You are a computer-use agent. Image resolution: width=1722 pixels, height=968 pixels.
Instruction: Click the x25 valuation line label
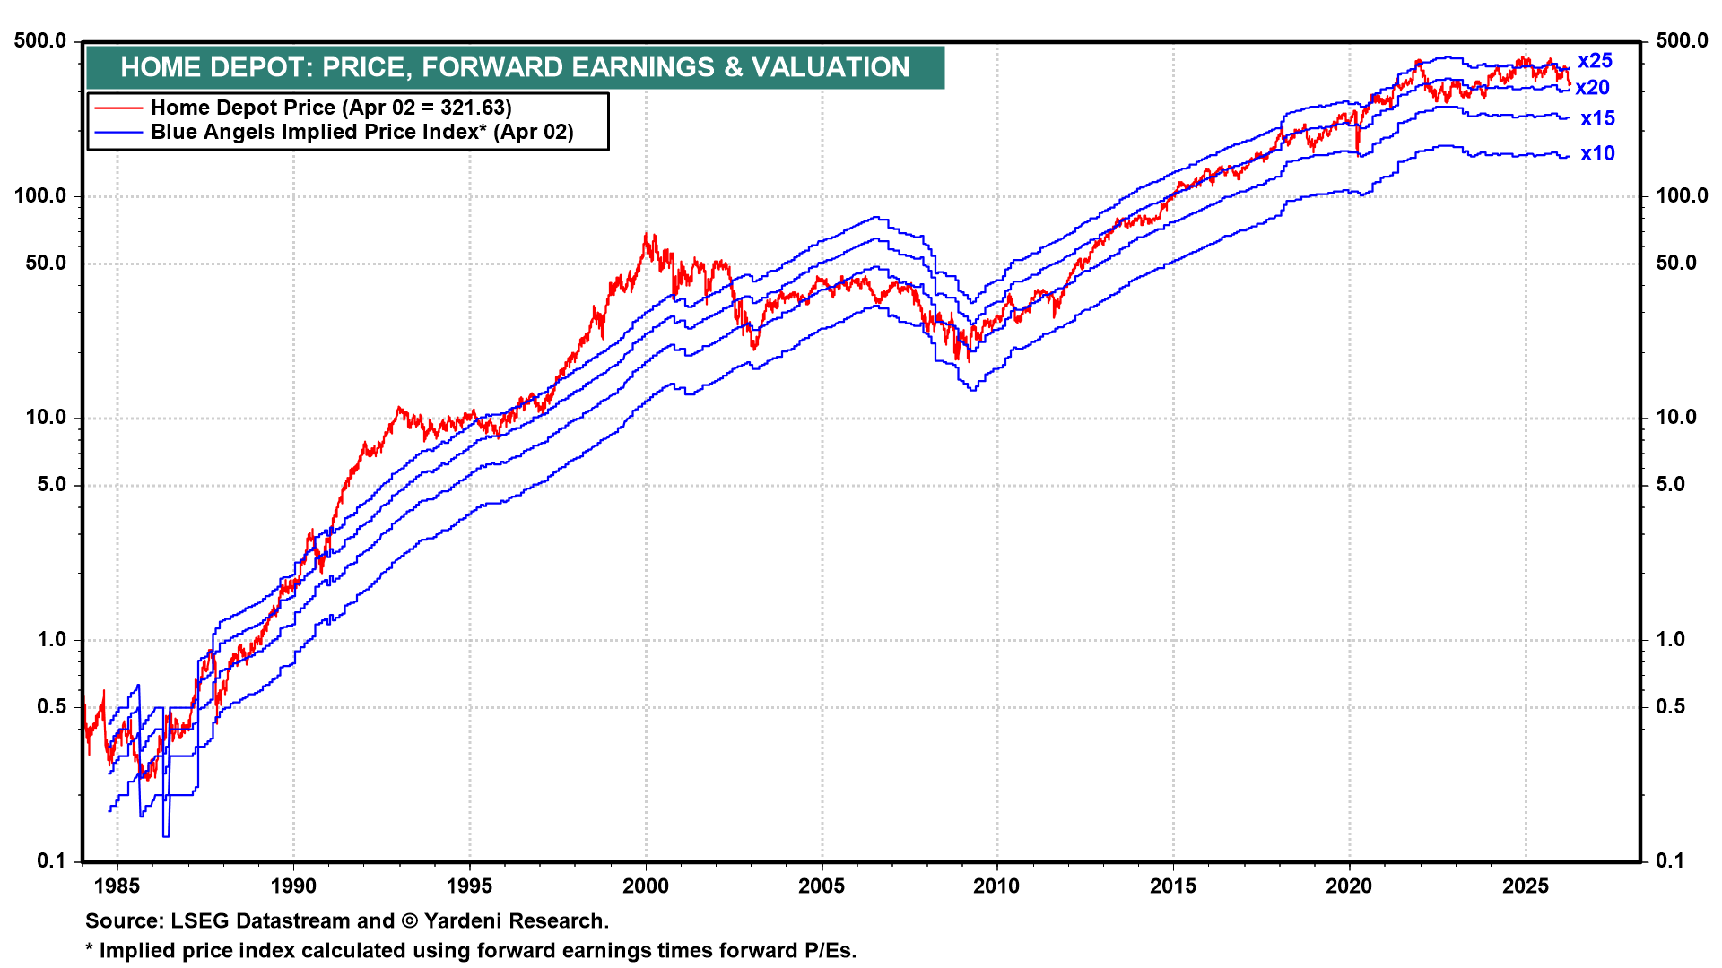point(1595,61)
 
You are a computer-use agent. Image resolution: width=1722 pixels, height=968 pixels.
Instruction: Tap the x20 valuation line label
point(1592,88)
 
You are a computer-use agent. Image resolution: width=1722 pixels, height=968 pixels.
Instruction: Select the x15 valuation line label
point(1597,118)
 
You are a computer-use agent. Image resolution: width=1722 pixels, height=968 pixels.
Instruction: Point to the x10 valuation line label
point(1597,153)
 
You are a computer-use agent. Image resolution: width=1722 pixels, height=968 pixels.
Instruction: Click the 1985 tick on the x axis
point(117,886)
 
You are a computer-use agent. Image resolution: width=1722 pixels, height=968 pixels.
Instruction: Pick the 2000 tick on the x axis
point(646,886)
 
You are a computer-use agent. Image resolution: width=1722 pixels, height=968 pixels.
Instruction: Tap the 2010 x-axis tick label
point(996,886)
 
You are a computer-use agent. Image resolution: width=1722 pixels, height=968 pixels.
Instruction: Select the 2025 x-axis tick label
point(1525,886)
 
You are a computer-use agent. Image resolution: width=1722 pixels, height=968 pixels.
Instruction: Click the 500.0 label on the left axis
point(40,40)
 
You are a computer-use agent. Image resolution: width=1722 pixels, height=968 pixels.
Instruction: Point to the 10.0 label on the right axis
point(1676,417)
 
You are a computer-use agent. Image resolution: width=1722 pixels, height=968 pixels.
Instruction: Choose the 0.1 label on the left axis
point(51,861)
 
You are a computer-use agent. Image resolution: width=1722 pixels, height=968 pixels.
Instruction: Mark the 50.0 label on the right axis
point(1676,263)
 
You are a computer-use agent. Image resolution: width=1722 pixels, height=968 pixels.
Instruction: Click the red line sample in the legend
point(119,108)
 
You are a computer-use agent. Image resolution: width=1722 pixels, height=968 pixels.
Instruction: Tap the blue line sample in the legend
point(119,133)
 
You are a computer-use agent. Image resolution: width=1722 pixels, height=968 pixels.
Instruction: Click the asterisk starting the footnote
point(90,950)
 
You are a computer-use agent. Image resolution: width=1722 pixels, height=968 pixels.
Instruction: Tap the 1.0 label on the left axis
point(51,639)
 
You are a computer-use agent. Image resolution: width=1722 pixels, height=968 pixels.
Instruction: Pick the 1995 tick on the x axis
point(470,886)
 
